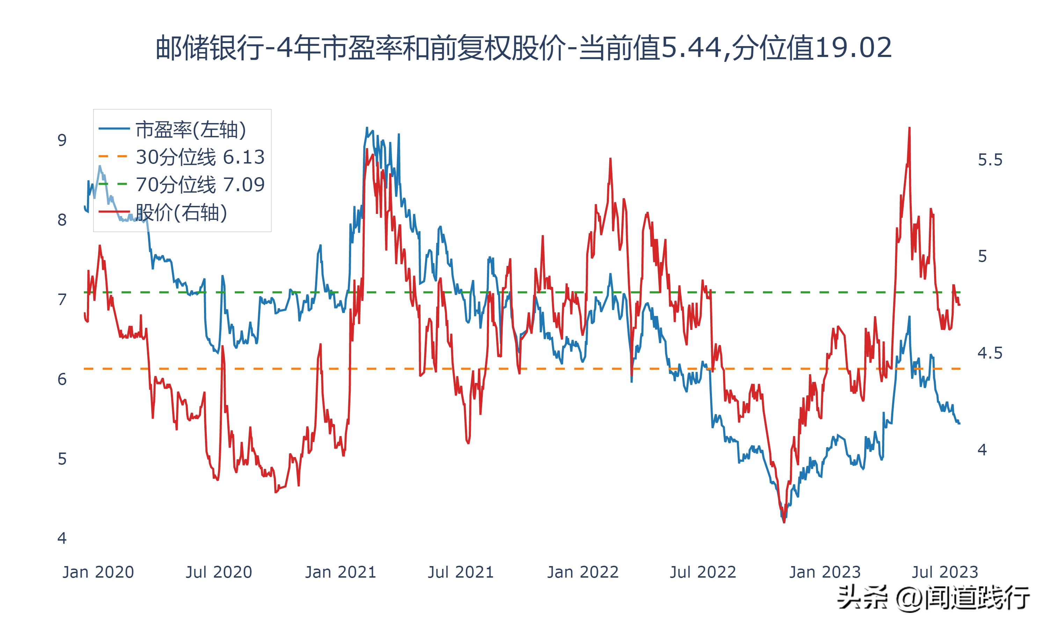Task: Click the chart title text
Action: (524, 48)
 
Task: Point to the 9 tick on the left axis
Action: (62, 140)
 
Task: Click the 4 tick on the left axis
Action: (62, 538)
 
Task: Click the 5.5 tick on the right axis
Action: (990, 160)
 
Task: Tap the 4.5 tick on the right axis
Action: (990, 353)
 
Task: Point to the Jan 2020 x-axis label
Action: (98, 572)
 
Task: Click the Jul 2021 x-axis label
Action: (461, 572)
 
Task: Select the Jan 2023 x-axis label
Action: (825, 572)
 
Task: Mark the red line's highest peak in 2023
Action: (909, 128)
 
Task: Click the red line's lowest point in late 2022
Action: (784, 522)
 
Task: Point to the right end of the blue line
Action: (960, 424)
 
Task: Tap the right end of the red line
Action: (960, 305)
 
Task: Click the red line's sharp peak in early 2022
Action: (610, 159)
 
